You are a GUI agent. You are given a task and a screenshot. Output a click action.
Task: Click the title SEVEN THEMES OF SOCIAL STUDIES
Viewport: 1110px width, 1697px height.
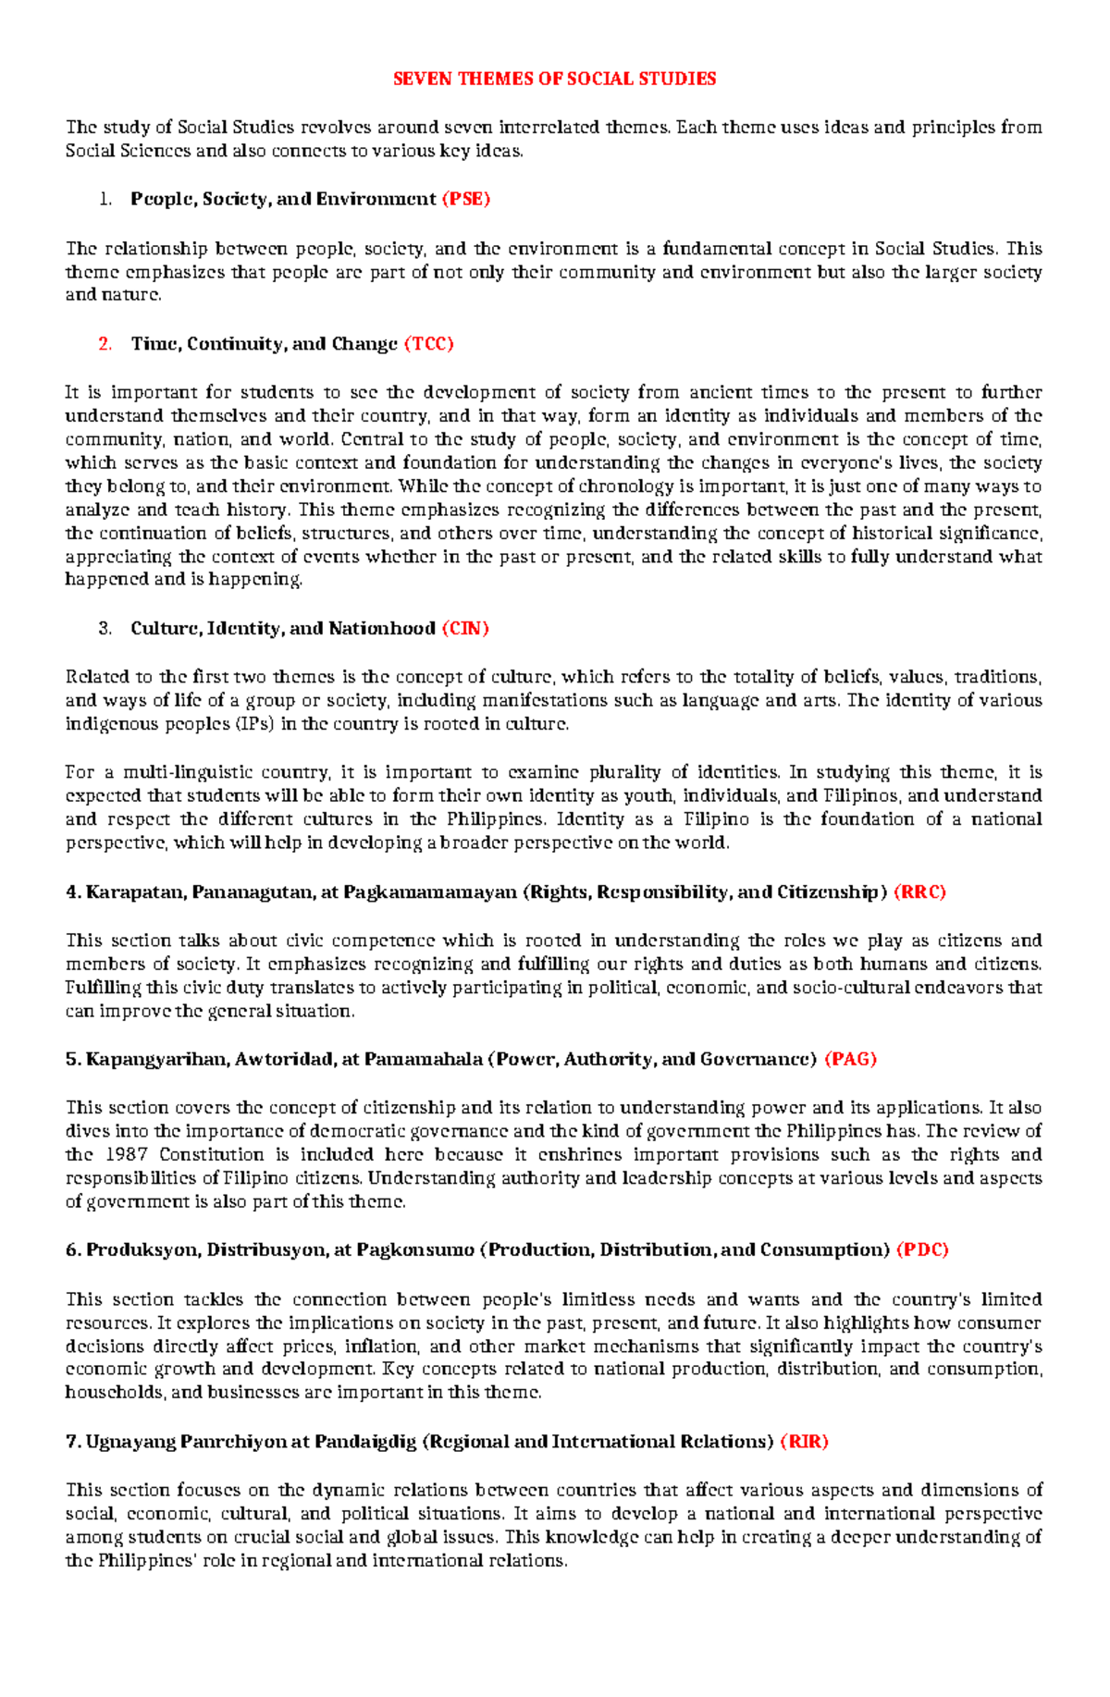(554, 79)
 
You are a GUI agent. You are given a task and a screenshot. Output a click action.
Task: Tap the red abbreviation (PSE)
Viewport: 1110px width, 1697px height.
(465, 199)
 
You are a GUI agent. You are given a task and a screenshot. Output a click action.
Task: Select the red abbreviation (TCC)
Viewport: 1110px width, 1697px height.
(428, 344)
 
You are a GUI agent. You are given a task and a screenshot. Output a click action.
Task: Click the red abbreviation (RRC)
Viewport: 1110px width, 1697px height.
(919, 892)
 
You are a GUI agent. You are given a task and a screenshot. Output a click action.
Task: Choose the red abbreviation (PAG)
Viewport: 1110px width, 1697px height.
(850, 1060)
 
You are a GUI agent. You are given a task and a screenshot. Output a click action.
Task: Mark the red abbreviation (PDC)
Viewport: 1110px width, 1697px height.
(922, 1250)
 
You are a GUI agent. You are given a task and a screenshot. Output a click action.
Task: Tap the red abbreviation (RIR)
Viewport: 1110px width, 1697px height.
(804, 1442)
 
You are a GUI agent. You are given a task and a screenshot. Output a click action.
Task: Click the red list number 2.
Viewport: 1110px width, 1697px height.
(105, 344)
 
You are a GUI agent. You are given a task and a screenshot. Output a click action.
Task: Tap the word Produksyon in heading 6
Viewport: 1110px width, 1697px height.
(141, 1250)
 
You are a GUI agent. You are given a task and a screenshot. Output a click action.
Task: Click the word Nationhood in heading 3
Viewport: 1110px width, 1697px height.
(380, 629)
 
